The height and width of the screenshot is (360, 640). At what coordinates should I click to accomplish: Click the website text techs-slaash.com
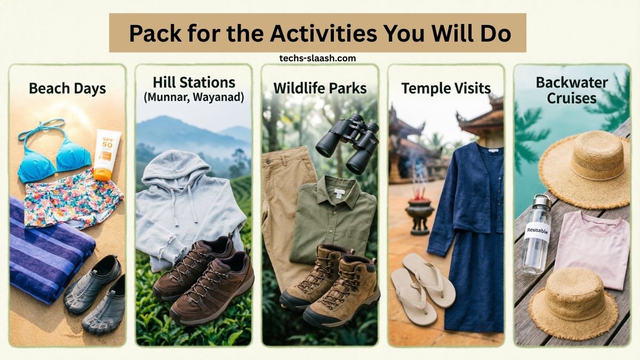click(x=317, y=58)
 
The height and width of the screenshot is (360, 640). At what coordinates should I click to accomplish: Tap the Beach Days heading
click(x=67, y=88)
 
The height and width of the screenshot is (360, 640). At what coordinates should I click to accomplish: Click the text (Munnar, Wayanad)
click(x=194, y=98)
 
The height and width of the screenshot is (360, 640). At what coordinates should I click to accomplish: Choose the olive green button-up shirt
click(x=333, y=213)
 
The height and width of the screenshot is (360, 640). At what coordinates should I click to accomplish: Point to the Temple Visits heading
click(x=446, y=88)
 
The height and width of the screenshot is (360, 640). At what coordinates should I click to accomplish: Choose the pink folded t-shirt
click(x=592, y=245)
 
